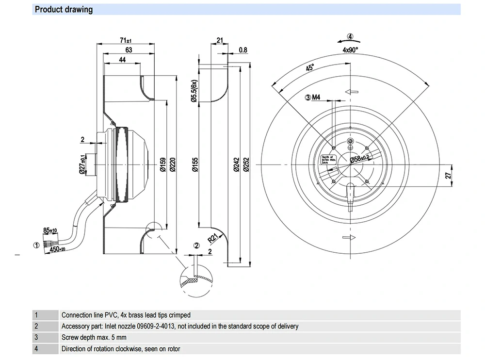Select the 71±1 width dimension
click(125, 41)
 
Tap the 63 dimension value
click(129, 50)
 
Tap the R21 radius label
click(212, 238)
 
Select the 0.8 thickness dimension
click(243, 50)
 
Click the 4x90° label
click(350, 50)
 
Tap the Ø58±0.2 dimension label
click(359, 159)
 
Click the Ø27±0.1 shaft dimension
click(83, 165)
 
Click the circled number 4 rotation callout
click(350, 36)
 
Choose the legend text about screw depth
click(93, 337)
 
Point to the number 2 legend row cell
click(36, 326)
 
